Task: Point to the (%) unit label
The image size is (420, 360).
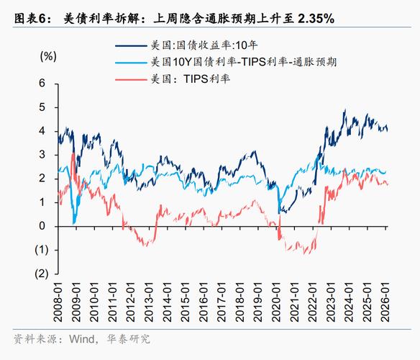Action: click(48, 55)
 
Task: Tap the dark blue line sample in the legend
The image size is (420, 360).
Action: click(131, 45)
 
